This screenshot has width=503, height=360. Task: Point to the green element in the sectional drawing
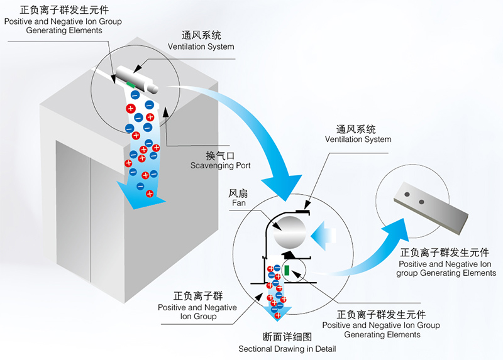(287, 270)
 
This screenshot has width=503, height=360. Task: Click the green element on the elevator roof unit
(131, 84)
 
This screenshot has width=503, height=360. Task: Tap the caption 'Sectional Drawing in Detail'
(287, 349)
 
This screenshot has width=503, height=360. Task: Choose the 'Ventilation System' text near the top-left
(201, 46)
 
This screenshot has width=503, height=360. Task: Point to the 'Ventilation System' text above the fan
(359, 139)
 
